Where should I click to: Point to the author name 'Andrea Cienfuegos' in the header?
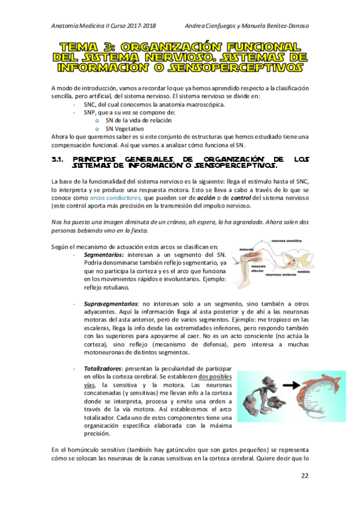[214, 25]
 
